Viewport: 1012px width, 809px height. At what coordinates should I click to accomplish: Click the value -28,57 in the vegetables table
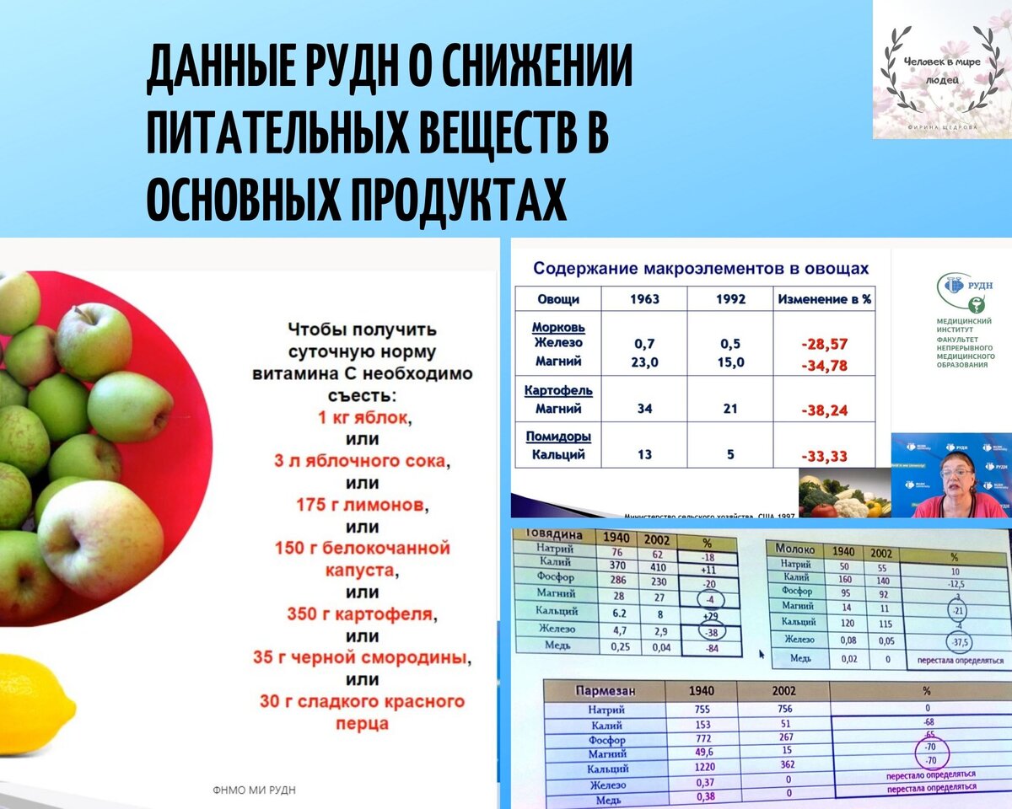824,344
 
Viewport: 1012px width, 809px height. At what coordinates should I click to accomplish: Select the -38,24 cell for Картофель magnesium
824,410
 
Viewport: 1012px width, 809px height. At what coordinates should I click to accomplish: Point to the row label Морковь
558,326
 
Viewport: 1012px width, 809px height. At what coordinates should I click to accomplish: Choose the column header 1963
645,298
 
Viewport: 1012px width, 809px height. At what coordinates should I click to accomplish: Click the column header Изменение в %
824,298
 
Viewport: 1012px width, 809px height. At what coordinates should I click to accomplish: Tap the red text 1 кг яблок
363,417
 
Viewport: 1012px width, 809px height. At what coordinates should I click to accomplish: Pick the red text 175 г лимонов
363,505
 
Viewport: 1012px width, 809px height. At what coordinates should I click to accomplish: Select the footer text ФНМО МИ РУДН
254,790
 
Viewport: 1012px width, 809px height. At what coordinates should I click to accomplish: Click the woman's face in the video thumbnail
961,473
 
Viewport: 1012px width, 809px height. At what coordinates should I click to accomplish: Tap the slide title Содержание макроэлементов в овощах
700,269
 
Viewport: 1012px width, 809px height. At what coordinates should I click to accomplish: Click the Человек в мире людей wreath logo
942,70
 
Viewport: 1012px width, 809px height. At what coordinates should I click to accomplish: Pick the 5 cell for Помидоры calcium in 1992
730,455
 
